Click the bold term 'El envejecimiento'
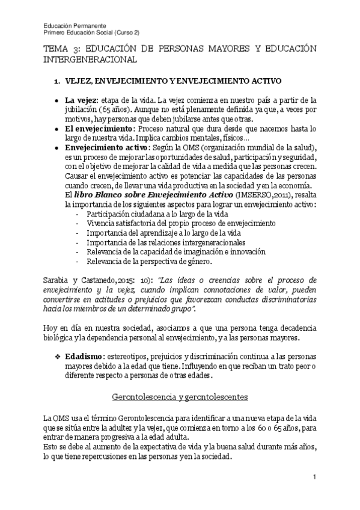[x=99, y=129]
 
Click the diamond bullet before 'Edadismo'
[x=58, y=356]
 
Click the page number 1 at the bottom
[x=314, y=477]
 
